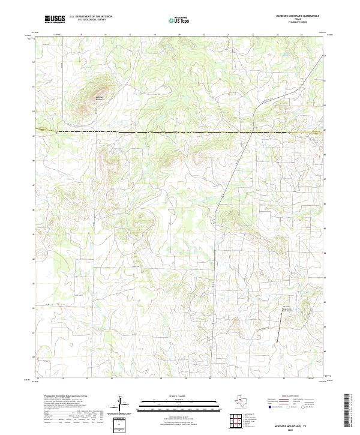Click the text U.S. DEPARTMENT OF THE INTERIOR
(91, 16)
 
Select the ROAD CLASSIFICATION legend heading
(294, 396)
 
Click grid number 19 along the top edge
(179, 35)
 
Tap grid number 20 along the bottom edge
(210, 379)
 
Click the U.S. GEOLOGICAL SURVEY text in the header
(91, 20)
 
